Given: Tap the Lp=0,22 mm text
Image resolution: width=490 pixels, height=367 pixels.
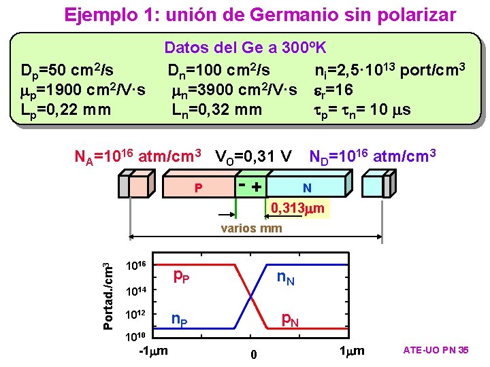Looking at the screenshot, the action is [67, 108].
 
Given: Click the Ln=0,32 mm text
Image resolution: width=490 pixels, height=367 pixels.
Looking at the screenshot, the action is [216, 108].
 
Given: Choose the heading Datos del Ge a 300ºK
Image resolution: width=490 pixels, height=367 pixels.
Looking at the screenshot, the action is [246, 48].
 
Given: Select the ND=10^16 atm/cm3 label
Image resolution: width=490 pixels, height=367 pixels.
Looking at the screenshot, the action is [372, 157].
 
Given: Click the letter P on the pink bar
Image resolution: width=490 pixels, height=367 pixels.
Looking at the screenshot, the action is [198, 186].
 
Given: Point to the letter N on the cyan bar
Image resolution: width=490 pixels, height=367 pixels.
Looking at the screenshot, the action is [308, 186].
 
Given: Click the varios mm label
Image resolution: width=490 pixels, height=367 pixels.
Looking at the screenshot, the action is [251, 228].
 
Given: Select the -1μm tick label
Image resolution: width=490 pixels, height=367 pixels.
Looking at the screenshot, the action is [153, 351].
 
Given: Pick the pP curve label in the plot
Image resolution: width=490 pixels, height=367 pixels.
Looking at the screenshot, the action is [180, 275].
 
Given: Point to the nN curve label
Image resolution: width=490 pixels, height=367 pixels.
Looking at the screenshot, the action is [285, 277].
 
